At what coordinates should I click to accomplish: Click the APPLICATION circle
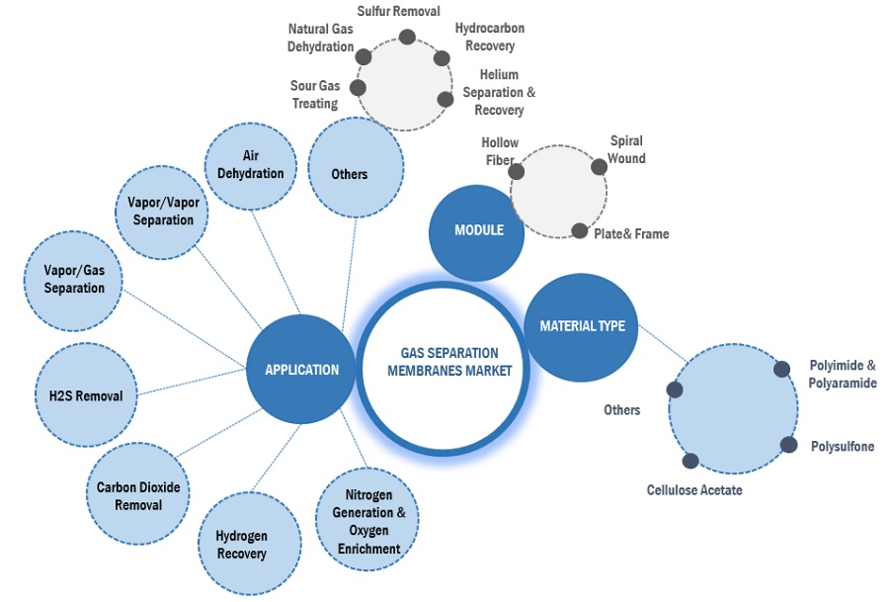pos(300,370)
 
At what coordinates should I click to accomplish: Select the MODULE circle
pos(477,231)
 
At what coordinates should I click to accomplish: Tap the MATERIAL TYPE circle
pos(582,325)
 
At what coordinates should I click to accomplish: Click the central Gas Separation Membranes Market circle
pos(448,362)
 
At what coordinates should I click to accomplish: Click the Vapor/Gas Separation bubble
pos(74,280)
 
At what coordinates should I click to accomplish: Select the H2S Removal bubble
pos(86,395)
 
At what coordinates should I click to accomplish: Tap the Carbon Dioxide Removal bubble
pos(136,496)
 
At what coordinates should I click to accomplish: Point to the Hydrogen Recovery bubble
pos(241,545)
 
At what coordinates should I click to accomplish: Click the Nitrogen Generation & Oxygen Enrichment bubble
pos(365,521)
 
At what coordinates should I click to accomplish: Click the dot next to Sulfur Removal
pos(406,38)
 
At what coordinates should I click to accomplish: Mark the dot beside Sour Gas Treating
pos(359,88)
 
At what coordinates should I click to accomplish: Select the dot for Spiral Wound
pos(599,166)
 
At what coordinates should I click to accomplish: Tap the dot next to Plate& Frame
pos(579,231)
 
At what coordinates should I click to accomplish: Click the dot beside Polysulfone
pos(788,445)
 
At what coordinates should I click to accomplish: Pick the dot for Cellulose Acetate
pos(690,461)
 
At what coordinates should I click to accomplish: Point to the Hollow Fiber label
pos(500,151)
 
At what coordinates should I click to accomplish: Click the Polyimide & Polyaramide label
pos(842,375)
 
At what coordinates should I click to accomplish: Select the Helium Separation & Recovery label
pos(499,92)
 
